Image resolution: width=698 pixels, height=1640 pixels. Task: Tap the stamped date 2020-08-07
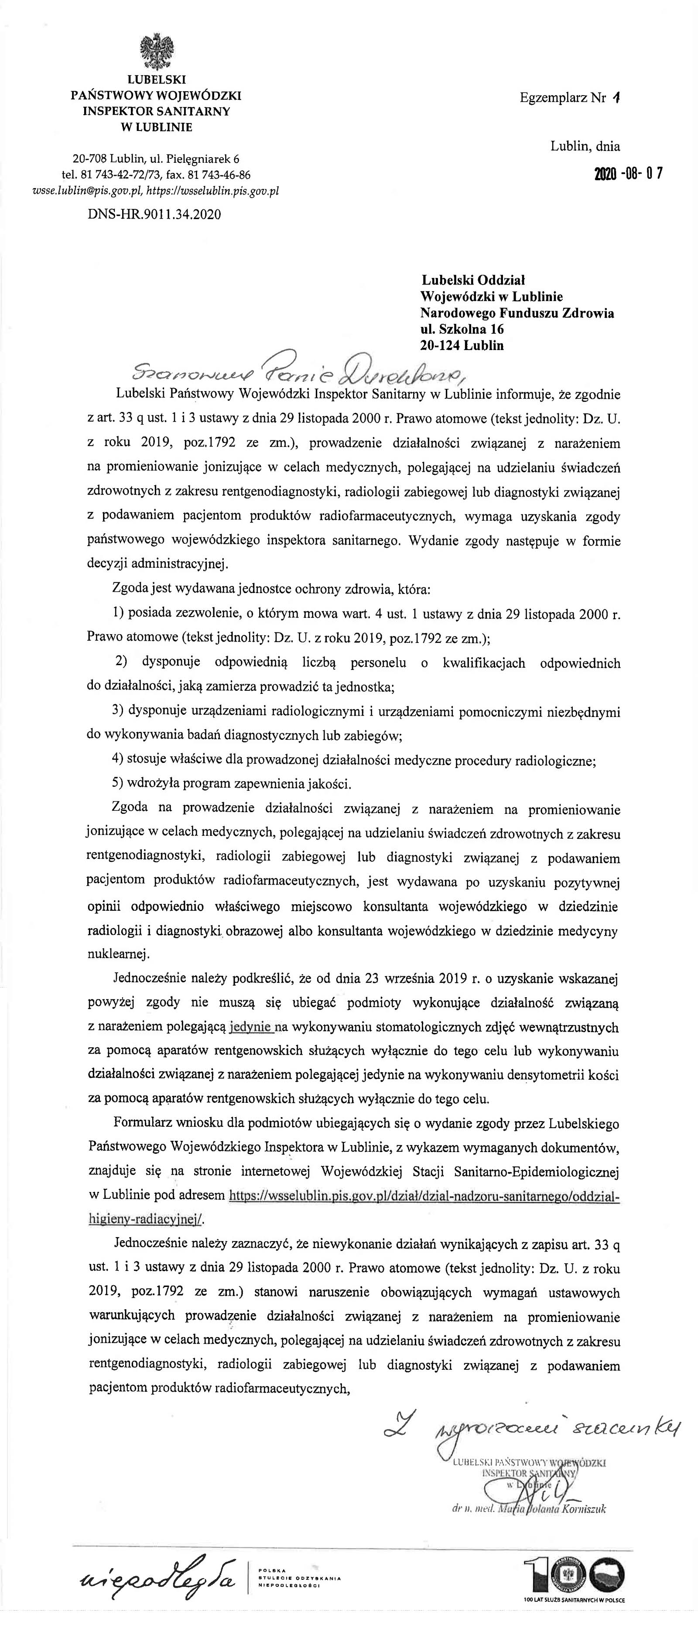(x=629, y=174)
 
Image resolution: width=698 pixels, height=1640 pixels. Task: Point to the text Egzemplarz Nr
(x=562, y=98)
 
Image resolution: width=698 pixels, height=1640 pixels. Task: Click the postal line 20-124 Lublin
(x=462, y=346)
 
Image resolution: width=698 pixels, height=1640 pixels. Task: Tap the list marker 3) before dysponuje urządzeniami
(x=118, y=710)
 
